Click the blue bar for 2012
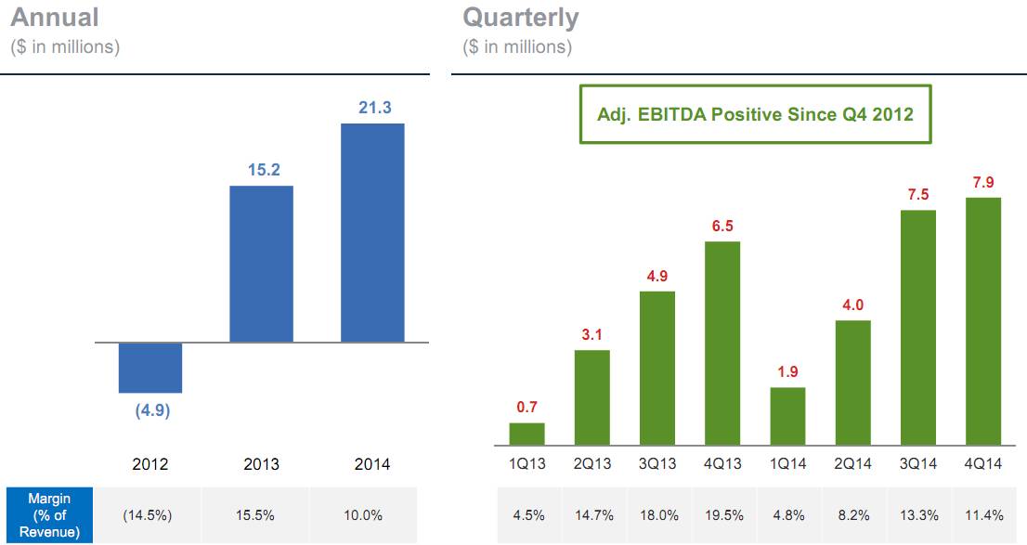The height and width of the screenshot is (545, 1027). (x=150, y=368)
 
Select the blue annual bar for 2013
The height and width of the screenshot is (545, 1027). (x=261, y=264)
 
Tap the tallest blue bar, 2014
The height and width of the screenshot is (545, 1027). (x=372, y=232)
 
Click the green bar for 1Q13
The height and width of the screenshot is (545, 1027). (x=527, y=435)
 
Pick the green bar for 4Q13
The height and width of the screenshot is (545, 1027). (x=722, y=344)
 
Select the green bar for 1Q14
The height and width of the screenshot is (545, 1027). (x=788, y=417)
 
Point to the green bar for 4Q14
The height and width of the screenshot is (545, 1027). (x=983, y=321)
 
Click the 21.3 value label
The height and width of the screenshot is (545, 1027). (x=374, y=108)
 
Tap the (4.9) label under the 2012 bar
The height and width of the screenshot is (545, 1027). (x=152, y=410)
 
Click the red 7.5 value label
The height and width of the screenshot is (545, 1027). (x=918, y=195)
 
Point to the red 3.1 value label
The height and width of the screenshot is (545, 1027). (x=591, y=335)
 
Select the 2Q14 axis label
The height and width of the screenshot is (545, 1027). (x=852, y=464)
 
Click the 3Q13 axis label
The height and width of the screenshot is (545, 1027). (x=657, y=464)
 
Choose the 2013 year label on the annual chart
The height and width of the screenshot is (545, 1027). (x=261, y=464)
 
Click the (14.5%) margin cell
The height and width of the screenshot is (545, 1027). (x=148, y=515)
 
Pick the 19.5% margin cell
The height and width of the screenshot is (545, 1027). (x=723, y=515)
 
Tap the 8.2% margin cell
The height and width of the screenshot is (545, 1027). (x=853, y=515)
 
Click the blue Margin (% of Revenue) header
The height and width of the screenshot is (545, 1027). (x=49, y=515)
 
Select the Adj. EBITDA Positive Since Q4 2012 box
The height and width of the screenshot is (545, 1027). (x=755, y=114)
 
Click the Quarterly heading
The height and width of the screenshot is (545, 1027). (x=521, y=18)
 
